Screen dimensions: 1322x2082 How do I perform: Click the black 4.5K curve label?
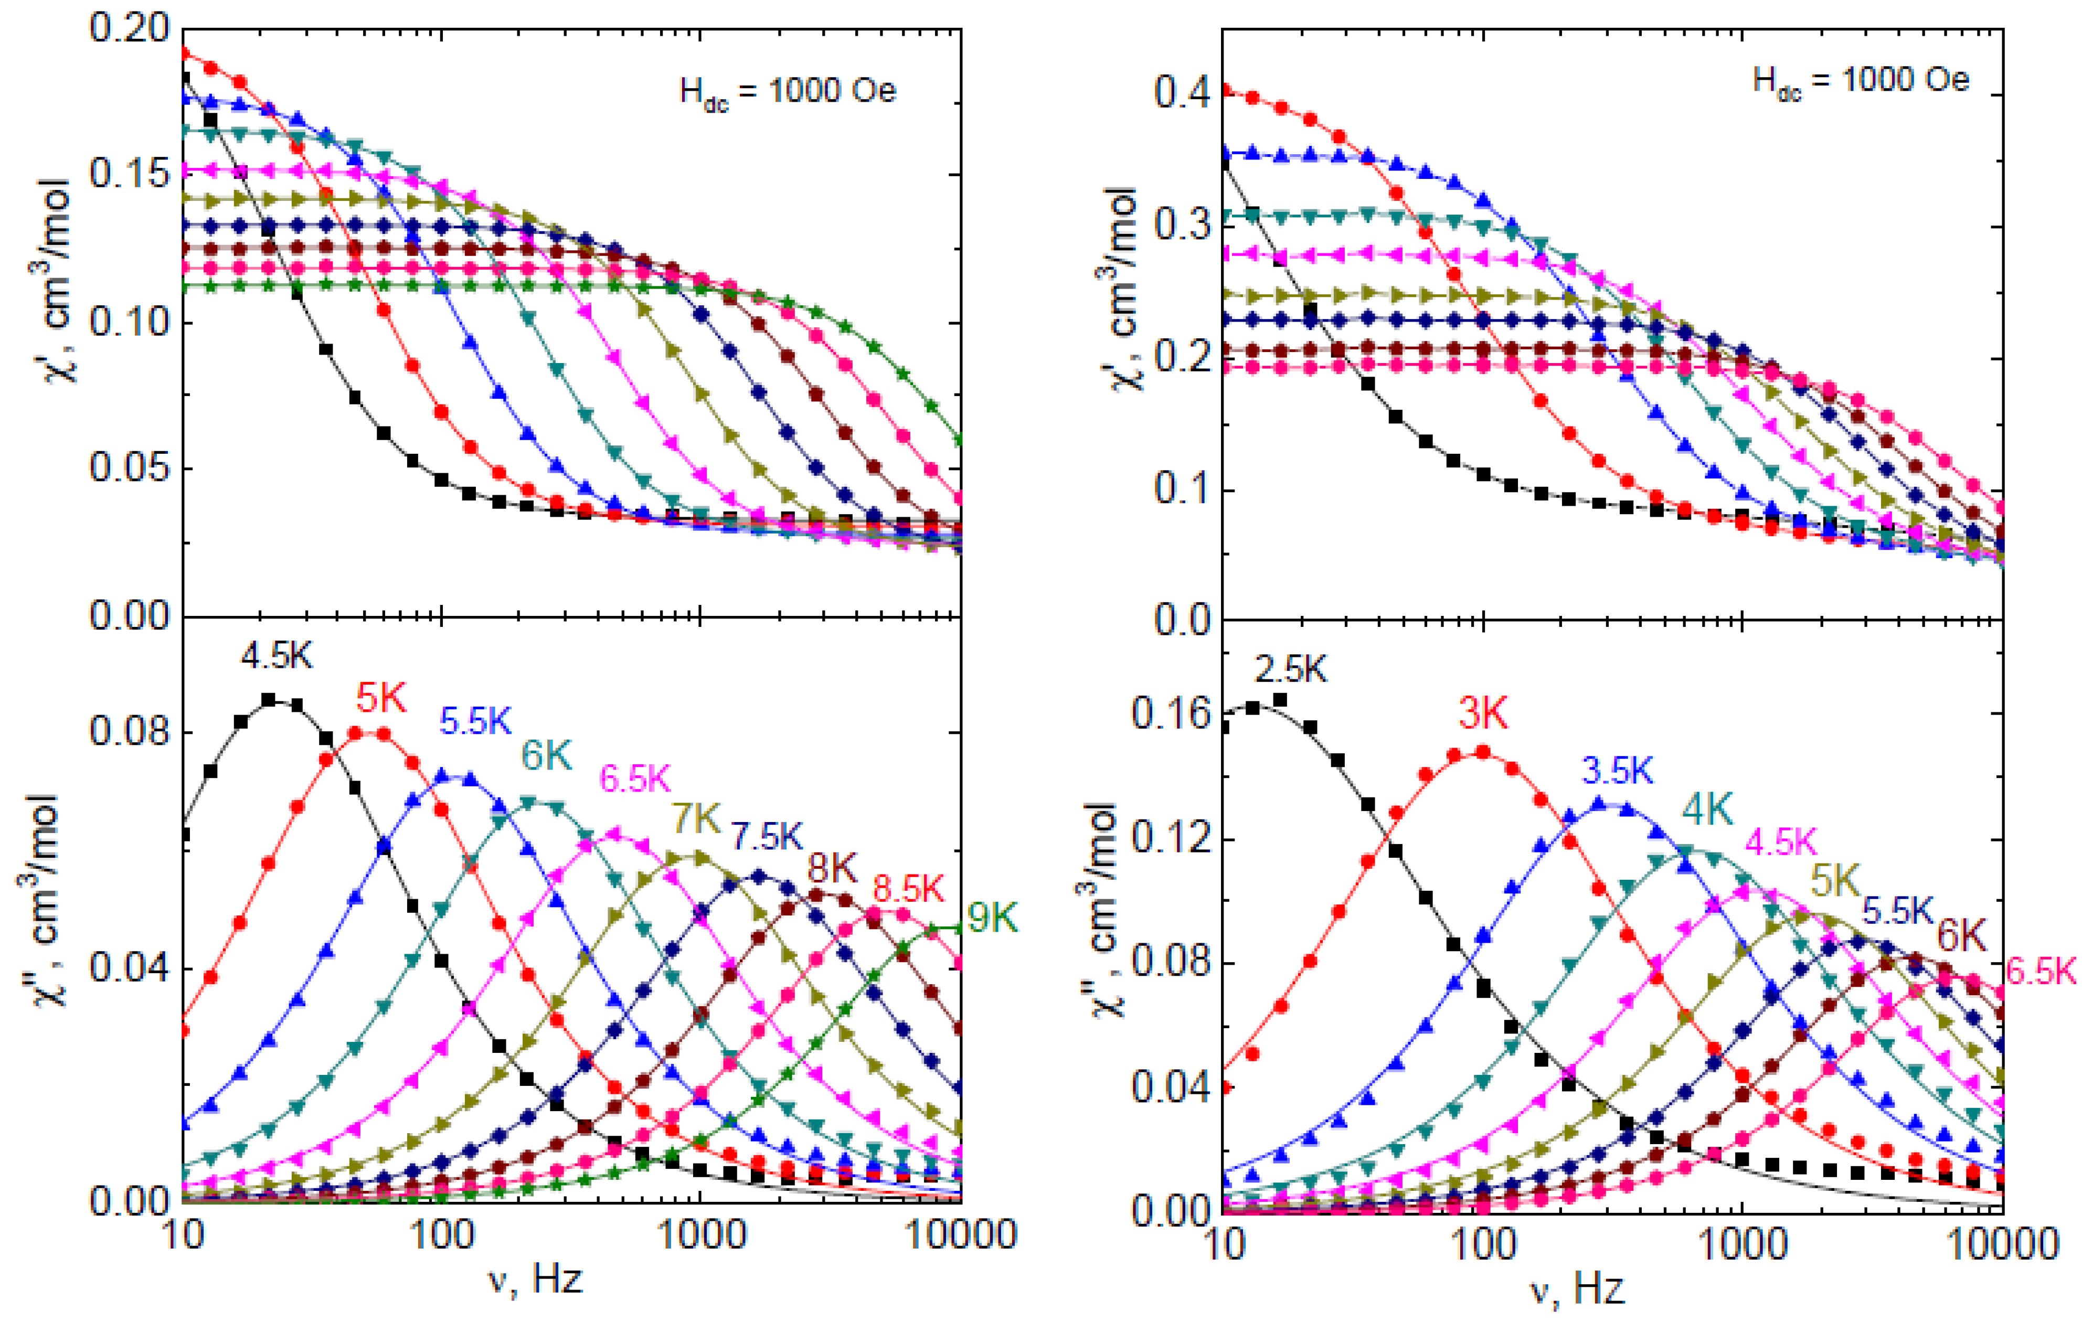[277, 657]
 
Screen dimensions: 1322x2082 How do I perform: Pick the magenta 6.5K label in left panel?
[635, 778]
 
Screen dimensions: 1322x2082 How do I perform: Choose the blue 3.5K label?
[1618, 770]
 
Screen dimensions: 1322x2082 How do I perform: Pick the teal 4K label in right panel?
[1707, 809]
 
